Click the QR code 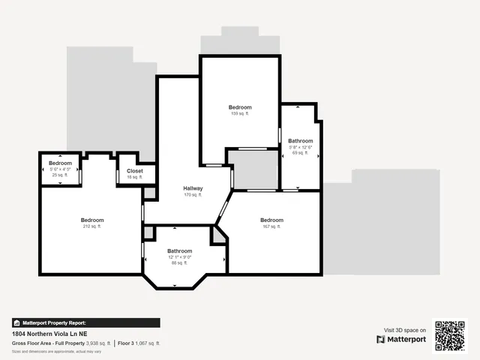pyautogui.click(x=450, y=335)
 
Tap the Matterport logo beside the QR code pyautogui.click(x=401, y=339)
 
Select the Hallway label pyautogui.click(x=193, y=188)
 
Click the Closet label pyautogui.click(x=135, y=171)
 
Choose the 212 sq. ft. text pyautogui.click(x=92, y=226)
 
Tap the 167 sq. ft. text pyautogui.click(x=271, y=226)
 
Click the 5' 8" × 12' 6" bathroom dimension pyautogui.click(x=301, y=147)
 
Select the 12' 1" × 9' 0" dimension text pyautogui.click(x=180, y=257)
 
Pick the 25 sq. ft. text pyautogui.click(x=60, y=175)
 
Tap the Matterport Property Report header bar pyautogui.click(x=86, y=322)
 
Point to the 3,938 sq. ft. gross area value pyautogui.click(x=98, y=343)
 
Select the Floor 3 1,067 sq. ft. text pyautogui.click(x=139, y=343)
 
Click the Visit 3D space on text pyautogui.click(x=405, y=330)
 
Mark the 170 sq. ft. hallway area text pyautogui.click(x=193, y=195)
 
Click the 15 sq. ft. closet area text pyautogui.click(x=135, y=177)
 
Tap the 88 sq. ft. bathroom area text pyautogui.click(x=180, y=263)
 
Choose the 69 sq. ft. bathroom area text pyautogui.click(x=301, y=153)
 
